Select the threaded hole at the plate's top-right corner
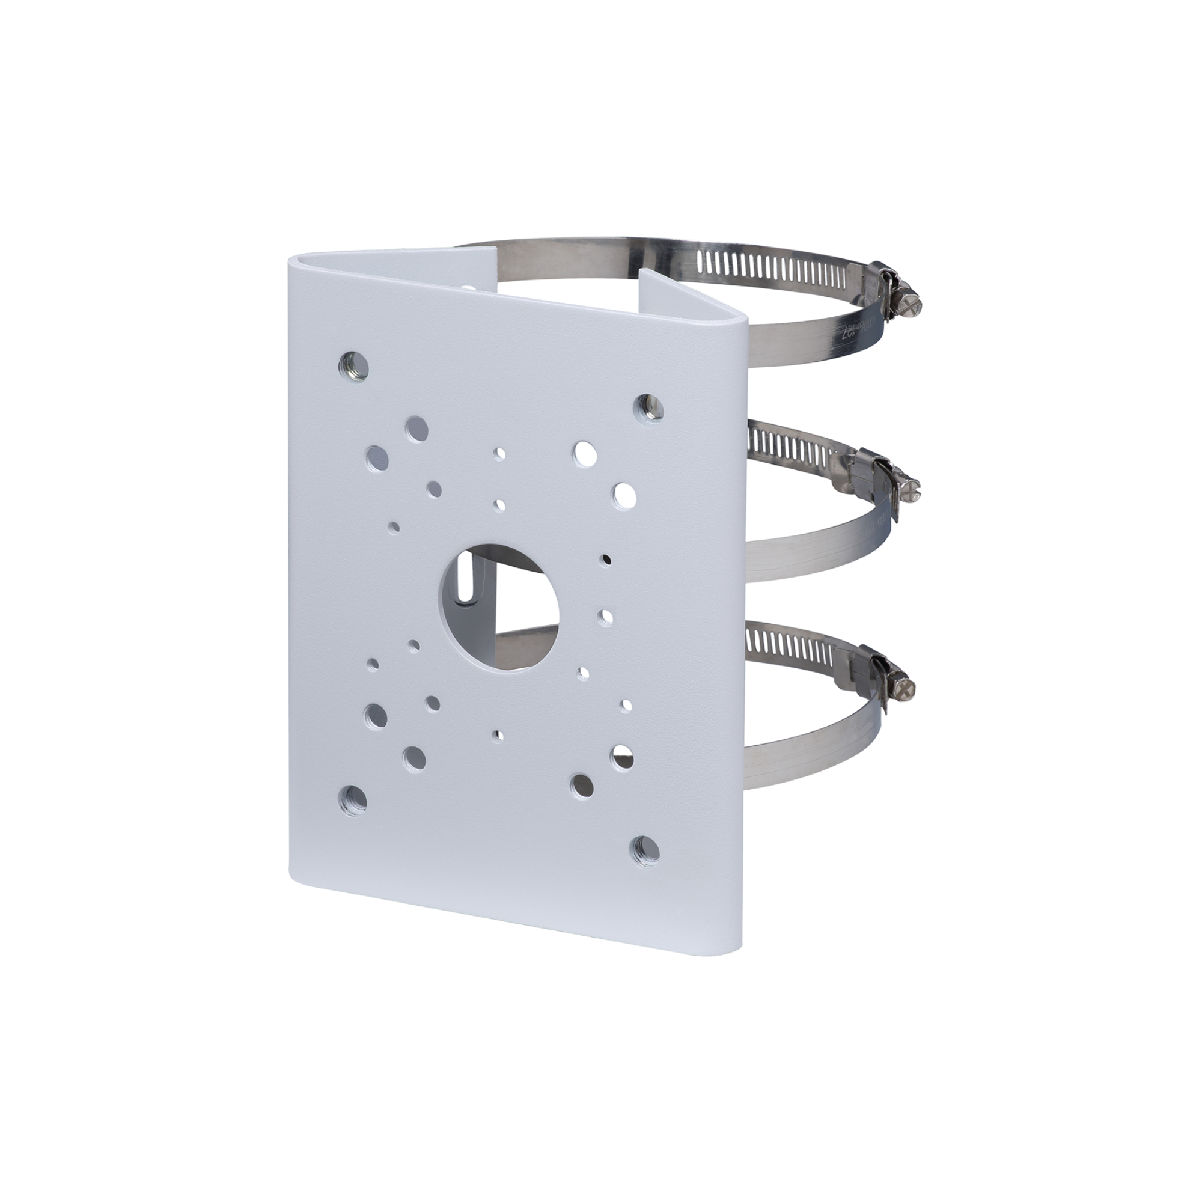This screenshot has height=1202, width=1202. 649,406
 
